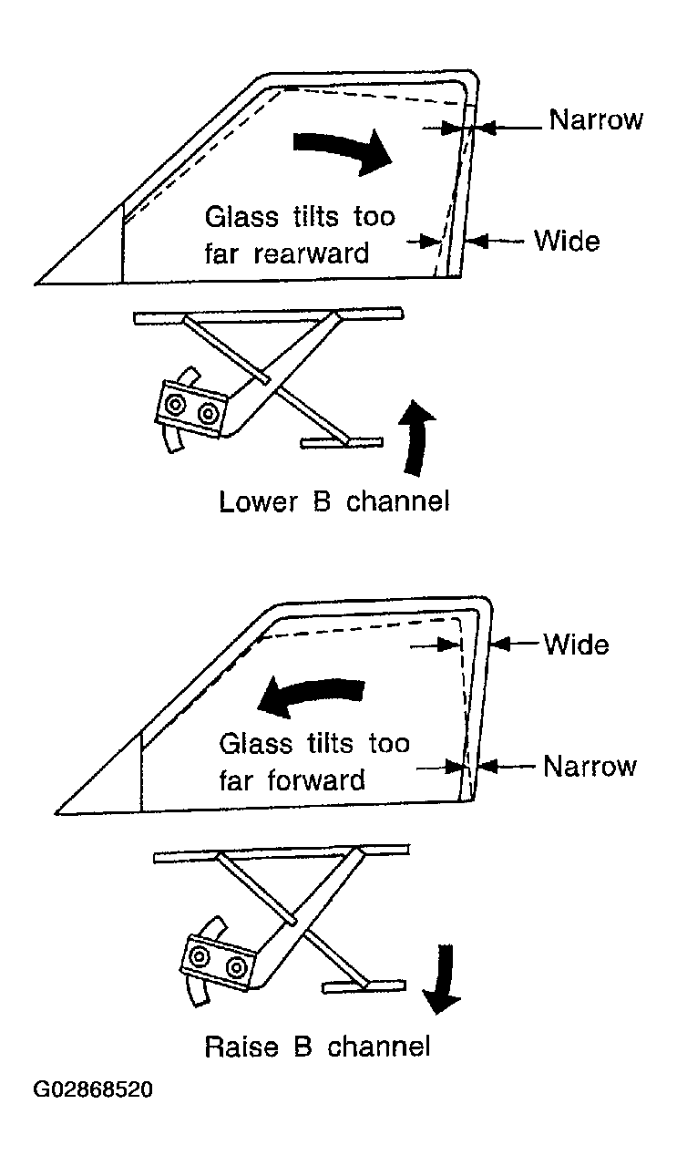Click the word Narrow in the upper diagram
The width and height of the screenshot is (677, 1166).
point(596,119)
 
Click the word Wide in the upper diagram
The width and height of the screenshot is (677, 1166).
point(567,241)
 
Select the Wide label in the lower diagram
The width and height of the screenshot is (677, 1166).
point(576,645)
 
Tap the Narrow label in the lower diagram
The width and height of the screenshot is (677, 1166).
point(590,766)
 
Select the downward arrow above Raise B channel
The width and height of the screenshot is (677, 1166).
point(441,978)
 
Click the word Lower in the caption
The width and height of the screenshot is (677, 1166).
point(259,502)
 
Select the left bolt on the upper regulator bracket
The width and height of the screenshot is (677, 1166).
point(174,404)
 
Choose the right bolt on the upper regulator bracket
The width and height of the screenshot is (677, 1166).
point(208,414)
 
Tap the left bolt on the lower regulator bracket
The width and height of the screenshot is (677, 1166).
point(199,955)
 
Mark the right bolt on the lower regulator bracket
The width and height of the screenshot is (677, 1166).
point(236,967)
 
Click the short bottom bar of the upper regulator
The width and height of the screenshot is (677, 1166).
point(342,442)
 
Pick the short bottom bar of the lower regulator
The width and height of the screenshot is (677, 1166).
point(364,985)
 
